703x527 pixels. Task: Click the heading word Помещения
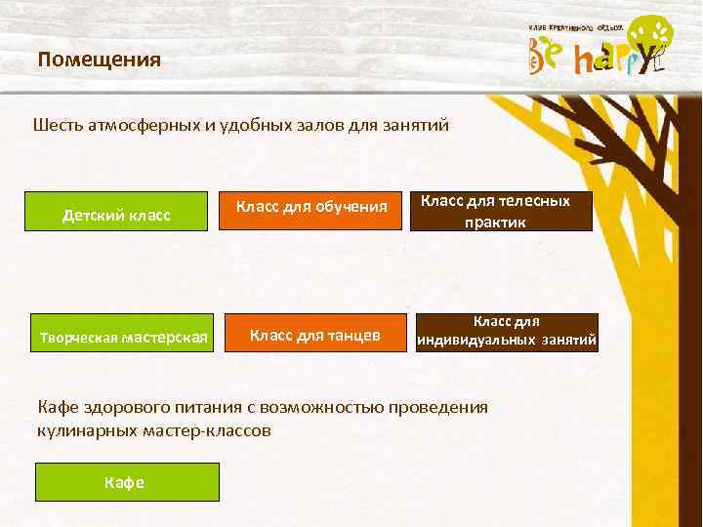point(100,61)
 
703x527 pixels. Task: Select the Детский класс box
point(117,214)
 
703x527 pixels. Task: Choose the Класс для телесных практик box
point(501,211)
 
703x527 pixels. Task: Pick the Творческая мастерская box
point(124,338)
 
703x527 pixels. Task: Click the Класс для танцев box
point(314,335)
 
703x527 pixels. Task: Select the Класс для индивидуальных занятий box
point(507,332)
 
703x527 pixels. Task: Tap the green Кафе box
point(127,482)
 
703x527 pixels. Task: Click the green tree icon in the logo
point(649,37)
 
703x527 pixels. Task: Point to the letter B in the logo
point(540,58)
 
